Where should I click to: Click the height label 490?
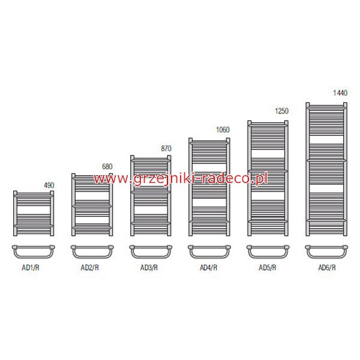(x=49, y=185)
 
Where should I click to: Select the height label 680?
(x=107, y=166)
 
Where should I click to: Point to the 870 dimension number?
(x=166, y=149)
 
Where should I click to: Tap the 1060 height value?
(x=223, y=130)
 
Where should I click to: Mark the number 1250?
(x=281, y=111)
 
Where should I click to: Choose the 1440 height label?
(x=340, y=93)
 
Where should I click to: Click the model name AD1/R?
(x=31, y=268)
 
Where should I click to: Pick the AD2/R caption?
(x=89, y=268)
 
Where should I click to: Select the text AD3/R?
(x=149, y=268)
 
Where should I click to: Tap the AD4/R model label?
(x=208, y=268)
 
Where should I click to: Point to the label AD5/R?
(x=268, y=268)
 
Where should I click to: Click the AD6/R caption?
(x=327, y=268)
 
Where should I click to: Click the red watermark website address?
(x=181, y=179)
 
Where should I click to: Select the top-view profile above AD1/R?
(x=33, y=258)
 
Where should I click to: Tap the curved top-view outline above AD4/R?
(x=209, y=258)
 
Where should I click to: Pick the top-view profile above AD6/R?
(x=326, y=258)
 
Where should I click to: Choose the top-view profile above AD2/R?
(x=92, y=258)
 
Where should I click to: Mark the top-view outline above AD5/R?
(x=268, y=258)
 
